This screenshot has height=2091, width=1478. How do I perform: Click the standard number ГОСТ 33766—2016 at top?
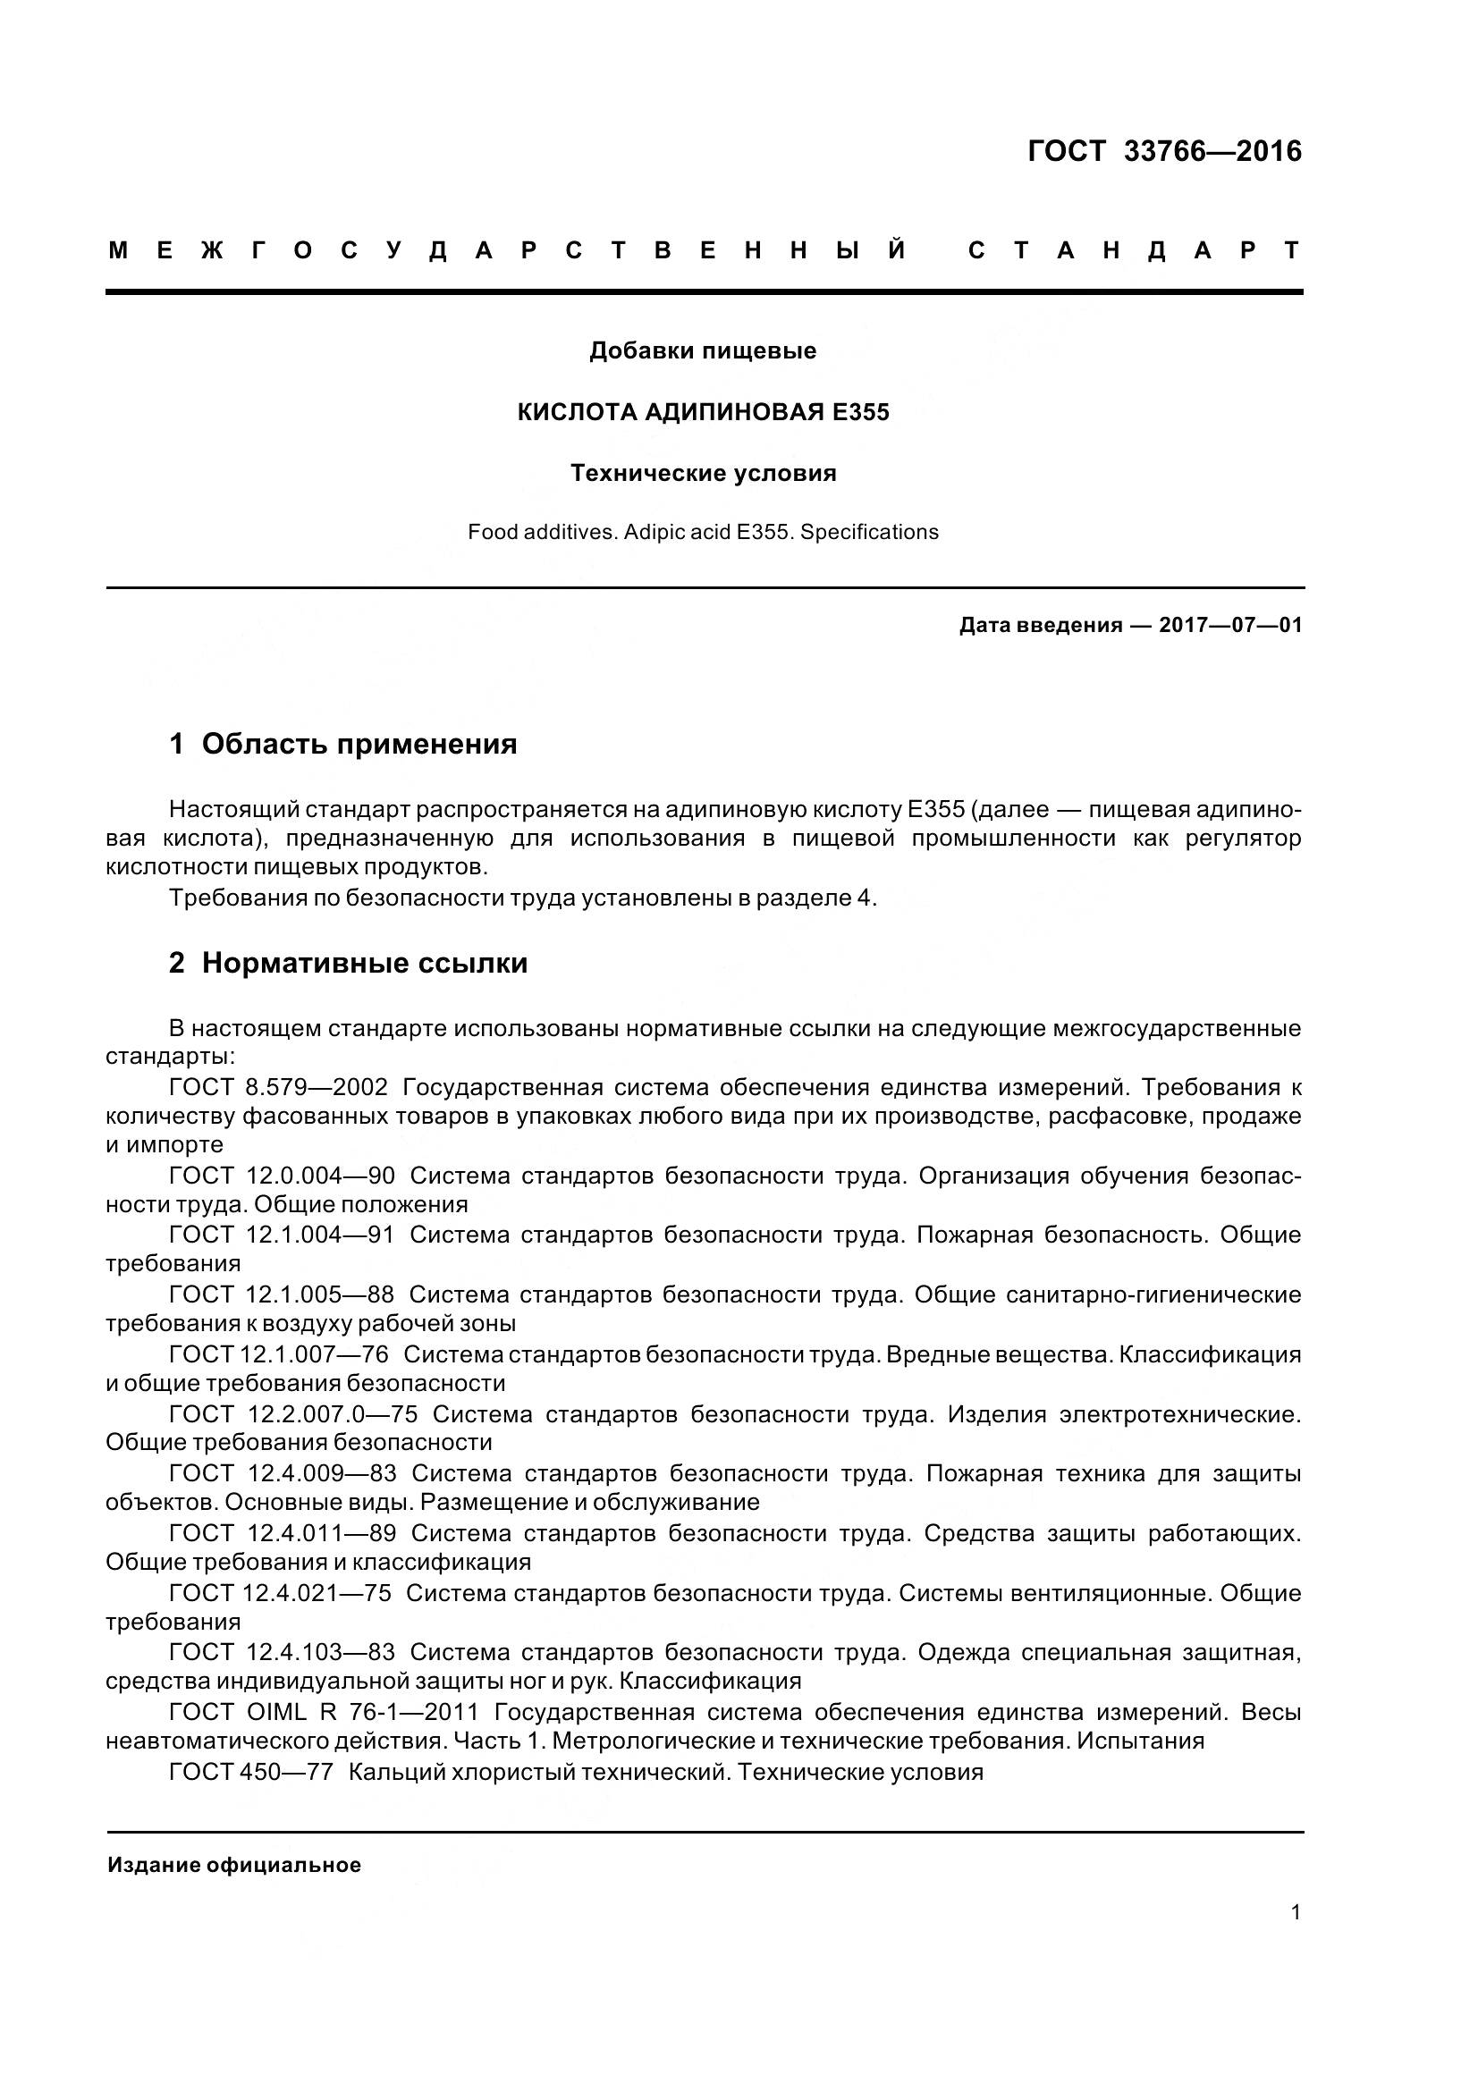click(1164, 151)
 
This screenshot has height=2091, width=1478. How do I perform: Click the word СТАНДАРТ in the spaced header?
click(1134, 250)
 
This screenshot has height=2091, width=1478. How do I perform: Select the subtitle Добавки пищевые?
click(702, 350)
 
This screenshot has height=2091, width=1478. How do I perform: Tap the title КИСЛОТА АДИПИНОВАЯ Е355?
click(702, 412)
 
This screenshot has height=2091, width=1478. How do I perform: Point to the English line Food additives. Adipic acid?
click(702, 532)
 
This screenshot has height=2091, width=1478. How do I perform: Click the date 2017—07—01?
click(1229, 625)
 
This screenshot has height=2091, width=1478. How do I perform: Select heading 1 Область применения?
click(342, 744)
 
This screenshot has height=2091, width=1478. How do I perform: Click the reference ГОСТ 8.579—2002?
click(278, 1087)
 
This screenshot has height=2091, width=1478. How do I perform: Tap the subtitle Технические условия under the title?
click(702, 474)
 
